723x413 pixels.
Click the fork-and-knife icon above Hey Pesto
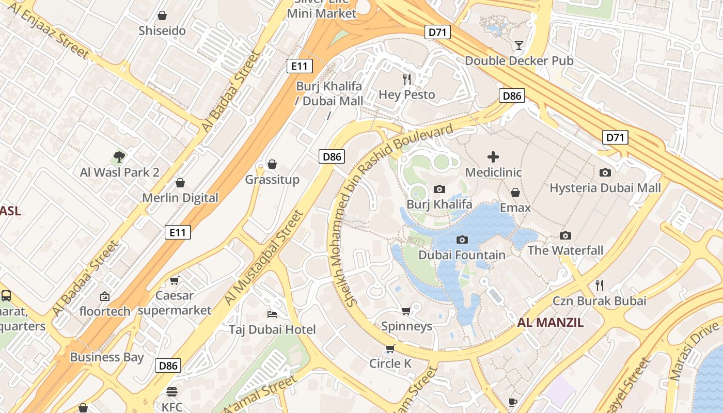[407, 79]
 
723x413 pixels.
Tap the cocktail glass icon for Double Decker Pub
[519, 45]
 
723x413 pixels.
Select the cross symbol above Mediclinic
[493, 156]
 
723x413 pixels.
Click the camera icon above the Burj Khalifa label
[439, 189]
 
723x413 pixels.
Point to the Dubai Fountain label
[462, 255]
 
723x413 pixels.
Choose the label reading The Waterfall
[565, 251]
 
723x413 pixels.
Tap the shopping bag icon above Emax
[515, 193]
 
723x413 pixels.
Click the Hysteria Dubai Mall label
[605, 188]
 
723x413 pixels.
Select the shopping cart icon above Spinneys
[406, 311]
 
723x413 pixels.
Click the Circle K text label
[390, 364]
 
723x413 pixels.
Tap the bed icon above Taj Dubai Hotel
[272, 314]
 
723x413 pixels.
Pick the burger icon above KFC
[172, 392]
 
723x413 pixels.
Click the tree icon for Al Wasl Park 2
[119, 156]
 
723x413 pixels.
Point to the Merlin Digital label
[180, 198]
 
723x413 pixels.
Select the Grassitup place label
[272, 180]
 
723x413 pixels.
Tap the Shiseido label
[162, 31]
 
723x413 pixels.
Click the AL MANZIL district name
[550, 323]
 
